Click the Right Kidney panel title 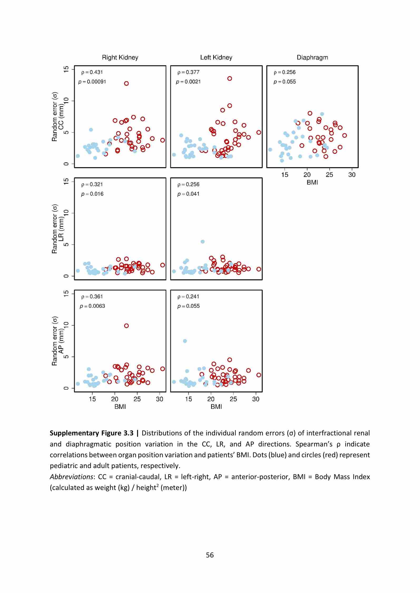click(120, 57)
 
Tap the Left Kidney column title click(216, 57)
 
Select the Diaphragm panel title click(312, 57)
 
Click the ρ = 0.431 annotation click(92, 72)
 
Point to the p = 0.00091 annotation click(92, 82)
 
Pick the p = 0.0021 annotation click(188, 82)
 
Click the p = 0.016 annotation click(92, 194)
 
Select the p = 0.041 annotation click(188, 194)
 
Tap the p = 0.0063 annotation click(92, 306)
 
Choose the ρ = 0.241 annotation click(188, 296)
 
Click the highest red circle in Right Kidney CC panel click(126, 84)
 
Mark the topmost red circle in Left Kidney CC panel click(230, 79)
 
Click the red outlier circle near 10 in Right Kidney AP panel click(126, 326)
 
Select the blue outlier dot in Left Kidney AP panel click(185, 341)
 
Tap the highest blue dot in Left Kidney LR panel click(203, 242)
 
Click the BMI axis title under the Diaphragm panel click(312, 182)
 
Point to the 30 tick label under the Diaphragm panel click(352, 175)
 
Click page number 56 click(210, 555)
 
